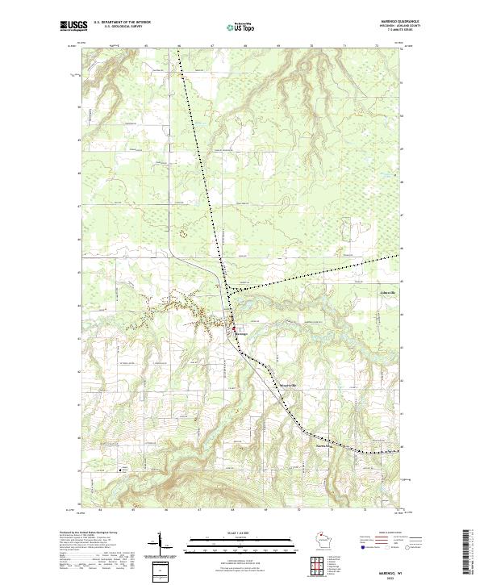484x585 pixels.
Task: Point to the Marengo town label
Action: tap(246, 332)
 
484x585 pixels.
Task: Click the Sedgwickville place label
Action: tap(288, 385)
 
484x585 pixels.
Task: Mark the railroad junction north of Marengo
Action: tap(229, 289)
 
